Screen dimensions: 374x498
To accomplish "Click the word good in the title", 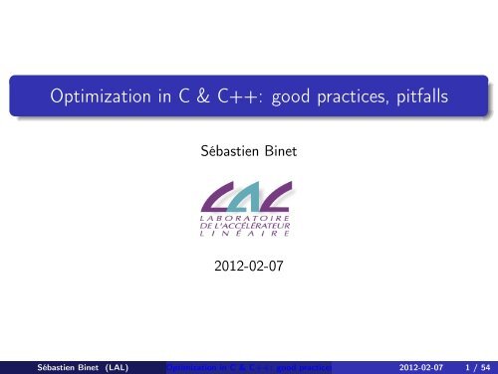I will tap(283, 99).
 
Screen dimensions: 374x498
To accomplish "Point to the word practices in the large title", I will tap(354, 99).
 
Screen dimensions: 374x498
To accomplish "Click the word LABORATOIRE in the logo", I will tap(249, 219).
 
